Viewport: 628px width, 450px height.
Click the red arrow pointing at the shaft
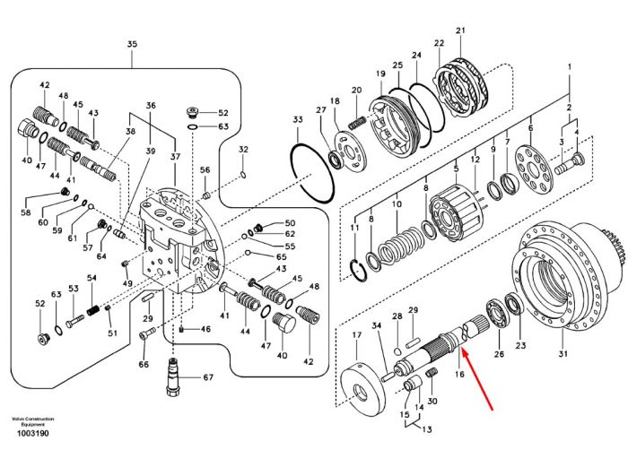[477, 379]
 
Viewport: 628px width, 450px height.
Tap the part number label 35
[132, 44]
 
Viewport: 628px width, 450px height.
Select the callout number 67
[208, 377]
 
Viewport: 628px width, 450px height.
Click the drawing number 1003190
[33, 433]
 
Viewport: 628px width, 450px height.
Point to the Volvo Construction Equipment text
[33, 421]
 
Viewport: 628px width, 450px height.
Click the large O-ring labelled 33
[312, 173]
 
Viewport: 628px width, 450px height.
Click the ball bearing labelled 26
[497, 315]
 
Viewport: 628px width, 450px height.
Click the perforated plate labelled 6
[534, 169]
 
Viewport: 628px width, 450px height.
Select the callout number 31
[563, 353]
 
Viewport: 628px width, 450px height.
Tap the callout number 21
[460, 30]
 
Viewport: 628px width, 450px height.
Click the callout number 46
[205, 329]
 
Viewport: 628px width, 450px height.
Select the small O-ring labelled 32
[243, 175]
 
